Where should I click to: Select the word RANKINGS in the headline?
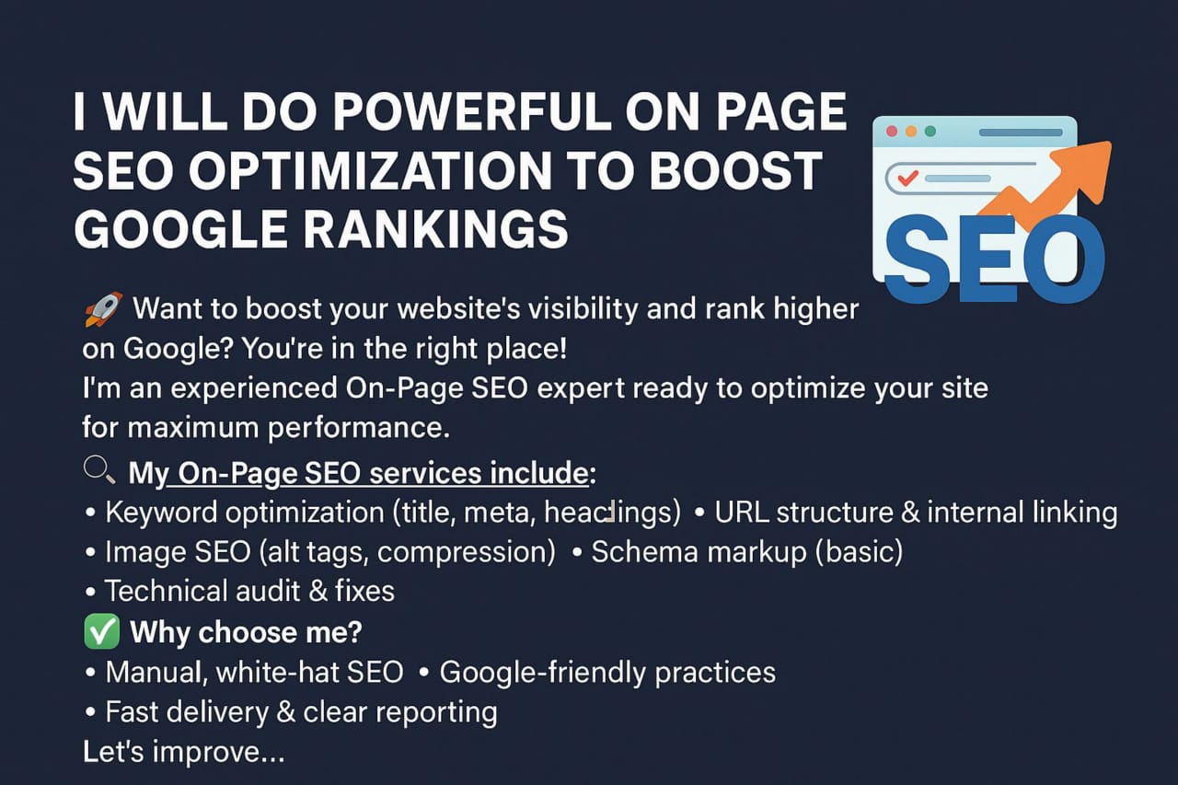[436, 230]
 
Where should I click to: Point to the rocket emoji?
[104, 309]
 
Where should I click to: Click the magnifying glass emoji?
[99, 469]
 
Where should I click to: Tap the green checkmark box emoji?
[101, 631]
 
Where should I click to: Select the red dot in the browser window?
[892, 131]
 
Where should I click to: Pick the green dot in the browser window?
[930, 131]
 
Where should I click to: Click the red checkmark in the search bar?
[907, 178]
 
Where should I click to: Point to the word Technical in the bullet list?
[167, 591]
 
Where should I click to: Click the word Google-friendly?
[543, 673]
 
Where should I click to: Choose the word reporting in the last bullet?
[436, 713]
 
